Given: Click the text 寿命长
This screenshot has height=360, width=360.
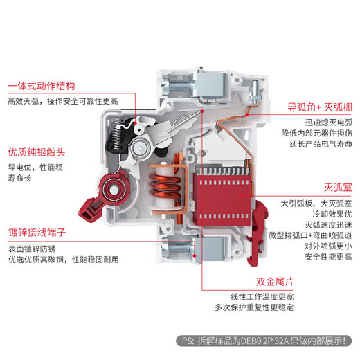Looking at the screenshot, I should (x=19, y=179).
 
